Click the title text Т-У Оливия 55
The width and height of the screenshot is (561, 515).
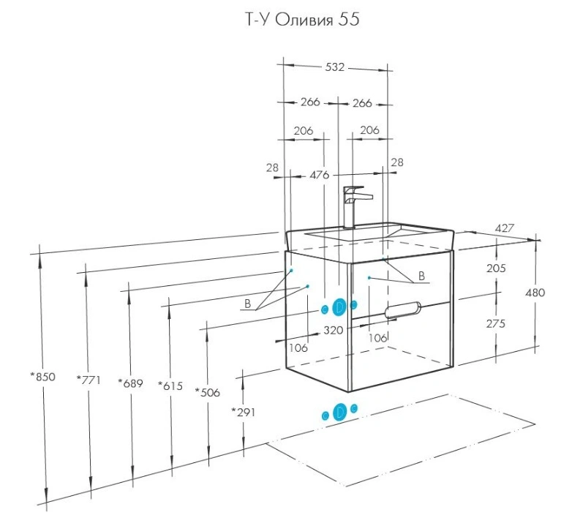[301, 20]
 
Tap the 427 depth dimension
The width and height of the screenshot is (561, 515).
[504, 228]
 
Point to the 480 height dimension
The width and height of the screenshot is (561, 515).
[535, 293]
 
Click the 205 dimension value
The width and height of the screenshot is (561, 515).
[496, 268]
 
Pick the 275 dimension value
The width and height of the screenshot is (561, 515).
[496, 323]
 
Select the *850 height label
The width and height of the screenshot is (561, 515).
[42, 377]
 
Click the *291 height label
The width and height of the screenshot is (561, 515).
[243, 411]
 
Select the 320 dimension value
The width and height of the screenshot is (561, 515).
[334, 330]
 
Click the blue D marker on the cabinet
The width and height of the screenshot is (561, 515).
[339, 308]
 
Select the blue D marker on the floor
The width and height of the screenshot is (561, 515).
[339, 413]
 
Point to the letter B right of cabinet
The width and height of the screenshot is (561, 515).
[421, 277]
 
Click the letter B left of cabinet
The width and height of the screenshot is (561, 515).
[248, 303]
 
